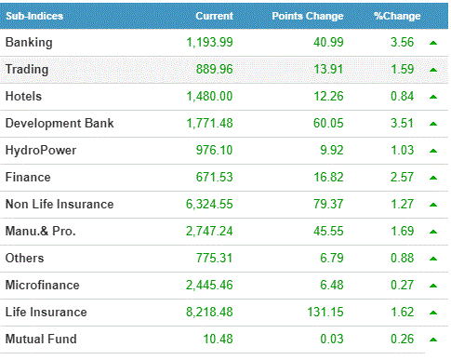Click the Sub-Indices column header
tap(34, 16)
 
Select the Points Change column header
tap(308, 16)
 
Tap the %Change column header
tap(397, 16)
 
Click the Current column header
tap(214, 16)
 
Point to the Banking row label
tap(29, 43)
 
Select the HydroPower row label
tap(41, 151)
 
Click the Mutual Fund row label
tap(41, 339)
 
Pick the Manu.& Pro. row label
tap(41, 231)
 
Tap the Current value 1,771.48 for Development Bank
tap(209, 124)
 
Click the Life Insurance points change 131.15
tap(325, 312)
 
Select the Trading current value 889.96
tap(214, 69)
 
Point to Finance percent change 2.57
tap(402, 178)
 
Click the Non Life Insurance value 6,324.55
tap(209, 205)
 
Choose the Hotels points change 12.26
tap(328, 97)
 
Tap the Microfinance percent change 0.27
tap(402, 285)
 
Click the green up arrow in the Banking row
tap(433, 43)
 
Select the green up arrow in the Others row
tap(433, 259)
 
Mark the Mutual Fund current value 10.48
tap(218, 339)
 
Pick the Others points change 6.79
tap(332, 258)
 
